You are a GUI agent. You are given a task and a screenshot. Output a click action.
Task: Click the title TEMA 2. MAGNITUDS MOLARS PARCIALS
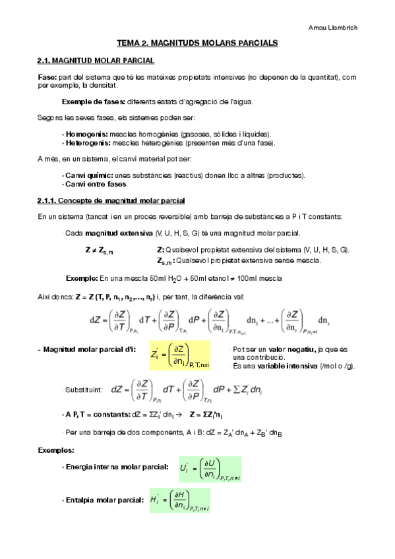pos(197,43)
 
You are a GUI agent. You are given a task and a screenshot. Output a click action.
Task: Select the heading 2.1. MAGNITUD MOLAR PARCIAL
pos(96,61)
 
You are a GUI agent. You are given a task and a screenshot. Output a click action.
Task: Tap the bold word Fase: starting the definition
pos(47,77)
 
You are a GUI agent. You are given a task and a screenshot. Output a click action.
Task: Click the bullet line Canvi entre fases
pos(91,184)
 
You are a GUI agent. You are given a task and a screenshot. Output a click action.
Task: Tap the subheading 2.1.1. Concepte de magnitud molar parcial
pos(111,200)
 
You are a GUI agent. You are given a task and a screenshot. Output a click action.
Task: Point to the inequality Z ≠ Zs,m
pos(100,250)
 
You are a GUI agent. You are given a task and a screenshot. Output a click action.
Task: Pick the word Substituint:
pos(83,390)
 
